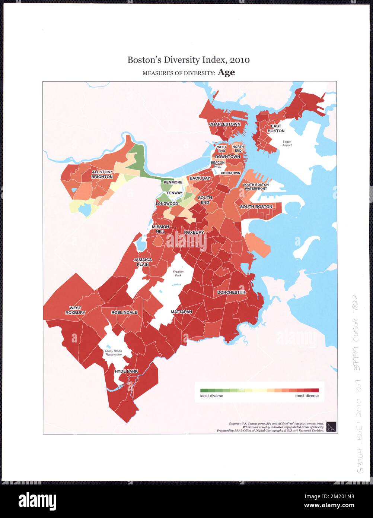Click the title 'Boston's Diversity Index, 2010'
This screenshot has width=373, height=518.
tap(188, 60)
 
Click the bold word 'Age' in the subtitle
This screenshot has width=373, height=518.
tap(226, 72)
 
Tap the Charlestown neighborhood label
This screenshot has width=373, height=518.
tap(224, 124)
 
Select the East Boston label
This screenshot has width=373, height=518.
tap(276, 129)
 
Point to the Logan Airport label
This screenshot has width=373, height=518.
tap(287, 143)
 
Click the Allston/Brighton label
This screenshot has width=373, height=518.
tap(102, 174)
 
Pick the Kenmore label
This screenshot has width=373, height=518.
tap(173, 182)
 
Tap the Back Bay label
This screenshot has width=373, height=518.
tap(200, 179)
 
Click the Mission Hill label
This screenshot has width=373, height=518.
tap(160, 229)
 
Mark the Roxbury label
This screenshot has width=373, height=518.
tap(194, 233)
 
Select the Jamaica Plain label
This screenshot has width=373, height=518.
tap(143, 262)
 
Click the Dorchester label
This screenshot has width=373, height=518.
tap(231, 293)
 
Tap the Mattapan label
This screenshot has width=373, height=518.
tap(181, 312)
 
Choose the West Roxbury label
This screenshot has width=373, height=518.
tap(75, 310)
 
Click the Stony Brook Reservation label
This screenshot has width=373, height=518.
tap(113, 353)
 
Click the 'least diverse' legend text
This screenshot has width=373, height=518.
tap(211, 396)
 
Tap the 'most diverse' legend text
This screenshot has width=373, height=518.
tap(307, 396)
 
